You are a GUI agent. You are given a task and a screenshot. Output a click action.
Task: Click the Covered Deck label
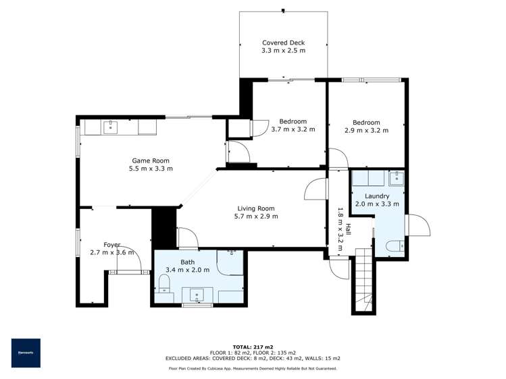[284, 42]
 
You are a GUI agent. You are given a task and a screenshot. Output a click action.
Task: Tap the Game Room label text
[150, 161]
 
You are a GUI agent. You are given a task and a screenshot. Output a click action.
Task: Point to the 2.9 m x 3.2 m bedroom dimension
[366, 131]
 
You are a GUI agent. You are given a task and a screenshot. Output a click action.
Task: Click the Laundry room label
[377, 196]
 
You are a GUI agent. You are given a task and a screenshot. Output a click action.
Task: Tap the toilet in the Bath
[164, 282]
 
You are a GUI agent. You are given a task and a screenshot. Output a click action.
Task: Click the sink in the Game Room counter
[112, 126]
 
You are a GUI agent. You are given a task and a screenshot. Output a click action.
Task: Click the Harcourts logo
[26, 353]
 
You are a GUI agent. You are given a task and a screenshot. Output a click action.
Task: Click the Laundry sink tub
[397, 178]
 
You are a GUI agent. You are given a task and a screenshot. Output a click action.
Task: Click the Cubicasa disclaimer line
[253, 369]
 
